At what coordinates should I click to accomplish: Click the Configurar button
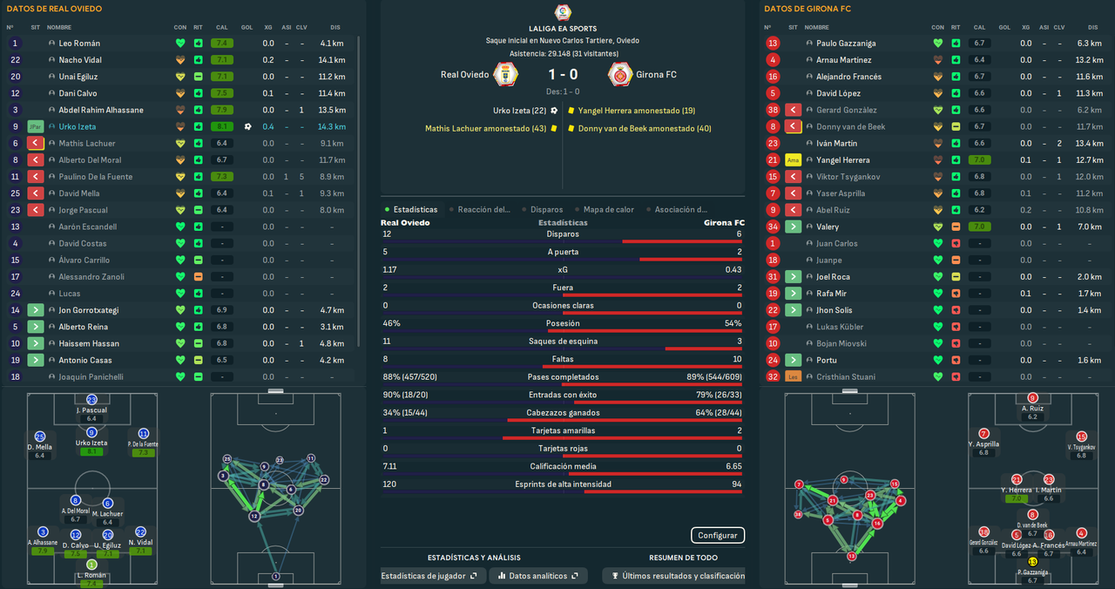click(x=718, y=536)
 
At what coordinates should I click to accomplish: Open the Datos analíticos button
click(x=537, y=576)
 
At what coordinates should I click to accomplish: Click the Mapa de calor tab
click(x=609, y=210)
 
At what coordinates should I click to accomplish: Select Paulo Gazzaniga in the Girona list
click(x=846, y=44)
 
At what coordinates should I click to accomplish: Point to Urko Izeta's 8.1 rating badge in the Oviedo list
click(x=221, y=127)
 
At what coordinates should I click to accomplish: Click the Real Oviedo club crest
click(x=506, y=75)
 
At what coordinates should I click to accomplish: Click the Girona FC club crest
click(x=619, y=75)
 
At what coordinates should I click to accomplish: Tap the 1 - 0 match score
click(x=563, y=75)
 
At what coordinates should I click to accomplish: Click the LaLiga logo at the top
click(x=563, y=12)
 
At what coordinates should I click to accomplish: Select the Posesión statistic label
click(x=563, y=323)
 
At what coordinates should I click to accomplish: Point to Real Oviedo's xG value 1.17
click(x=390, y=270)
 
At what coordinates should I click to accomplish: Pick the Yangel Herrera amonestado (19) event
click(x=636, y=111)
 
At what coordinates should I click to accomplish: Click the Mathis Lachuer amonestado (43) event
click(x=485, y=129)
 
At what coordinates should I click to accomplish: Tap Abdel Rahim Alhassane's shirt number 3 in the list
click(x=15, y=111)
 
